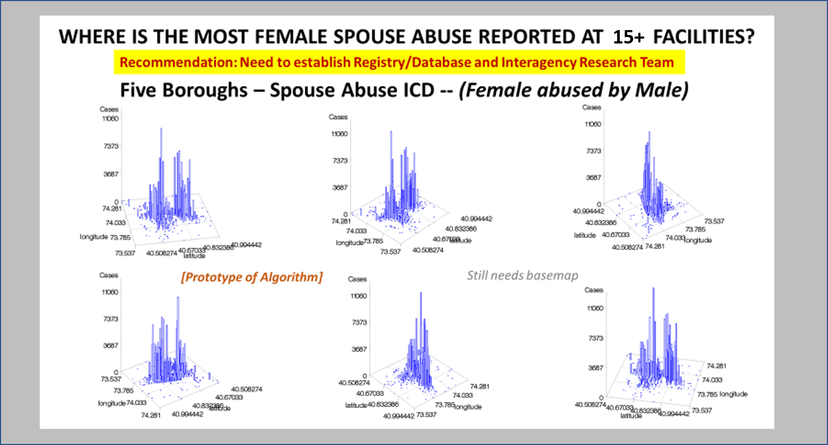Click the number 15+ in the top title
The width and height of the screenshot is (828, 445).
pyautogui.click(x=628, y=37)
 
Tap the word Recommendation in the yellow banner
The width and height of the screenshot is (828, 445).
pyautogui.click(x=177, y=62)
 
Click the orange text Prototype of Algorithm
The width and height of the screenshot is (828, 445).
pyautogui.click(x=252, y=277)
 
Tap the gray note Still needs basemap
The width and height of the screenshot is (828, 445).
pyautogui.click(x=522, y=275)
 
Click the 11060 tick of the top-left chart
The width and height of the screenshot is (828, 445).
pyautogui.click(x=110, y=119)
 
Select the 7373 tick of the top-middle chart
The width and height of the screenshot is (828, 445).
pyautogui.click(x=340, y=161)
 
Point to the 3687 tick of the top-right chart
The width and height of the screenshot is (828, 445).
pyautogui.click(x=593, y=177)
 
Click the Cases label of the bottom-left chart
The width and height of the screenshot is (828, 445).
pyautogui.click(x=108, y=275)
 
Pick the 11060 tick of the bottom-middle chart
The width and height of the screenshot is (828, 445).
pyautogui.click(x=358, y=296)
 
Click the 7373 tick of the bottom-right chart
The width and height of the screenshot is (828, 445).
pyautogui.click(x=596, y=338)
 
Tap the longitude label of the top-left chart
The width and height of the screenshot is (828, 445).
pyautogui.click(x=94, y=237)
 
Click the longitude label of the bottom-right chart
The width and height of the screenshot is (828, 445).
pyautogui.click(x=733, y=394)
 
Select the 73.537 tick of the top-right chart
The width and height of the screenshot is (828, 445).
pyautogui.click(x=714, y=221)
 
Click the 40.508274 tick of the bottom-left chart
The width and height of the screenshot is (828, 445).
pyautogui.click(x=246, y=389)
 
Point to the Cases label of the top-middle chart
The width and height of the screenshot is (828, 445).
pyautogui.click(x=338, y=117)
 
